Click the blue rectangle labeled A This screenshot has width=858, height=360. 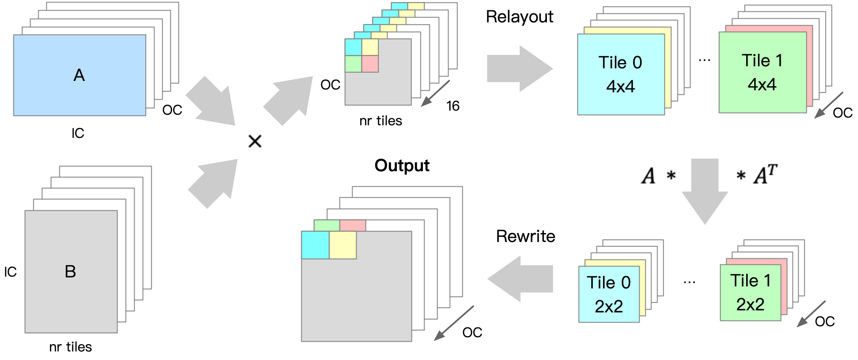pyautogui.click(x=79, y=75)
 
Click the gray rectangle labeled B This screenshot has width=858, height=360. pyautogui.click(x=71, y=271)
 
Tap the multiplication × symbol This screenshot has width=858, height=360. pyautogui.click(x=255, y=142)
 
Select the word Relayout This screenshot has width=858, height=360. pyautogui.click(x=519, y=17)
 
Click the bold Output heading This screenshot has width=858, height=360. pyautogui.click(x=402, y=166)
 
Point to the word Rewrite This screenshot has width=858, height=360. pyautogui.click(x=525, y=236)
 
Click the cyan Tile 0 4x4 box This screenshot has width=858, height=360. pyautogui.click(x=621, y=74)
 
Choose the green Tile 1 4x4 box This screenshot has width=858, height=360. pyautogui.click(x=762, y=72)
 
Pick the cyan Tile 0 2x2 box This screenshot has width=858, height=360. pyautogui.click(x=608, y=294)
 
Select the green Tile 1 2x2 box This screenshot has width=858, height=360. pyautogui.click(x=750, y=292)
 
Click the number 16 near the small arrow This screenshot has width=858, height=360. pyautogui.click(x=453, y=106)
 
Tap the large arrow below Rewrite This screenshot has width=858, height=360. pyautogui.click(x=520, y=279)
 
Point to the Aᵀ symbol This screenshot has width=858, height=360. pyautogui.click(x=765, y=175)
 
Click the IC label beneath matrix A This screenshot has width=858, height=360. pyautogui.click(x=78, y=133)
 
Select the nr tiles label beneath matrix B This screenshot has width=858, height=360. pyautogui.click(x=70, y=347)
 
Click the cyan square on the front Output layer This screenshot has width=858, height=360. pyautogui.click(x=315, y=245)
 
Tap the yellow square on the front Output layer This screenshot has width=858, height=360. pyautogui.click(x=343, y=245)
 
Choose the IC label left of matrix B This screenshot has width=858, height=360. pyautogui.click(x=10, y=272)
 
